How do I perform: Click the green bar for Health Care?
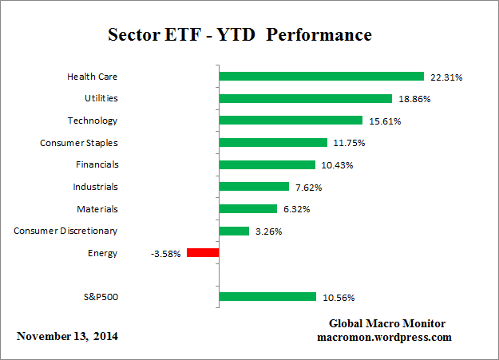[321, 77]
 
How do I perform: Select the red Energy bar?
[203, 253]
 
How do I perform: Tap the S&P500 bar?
[267, 297]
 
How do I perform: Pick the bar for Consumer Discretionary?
[234, 231]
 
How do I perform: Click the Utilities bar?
[305, 99]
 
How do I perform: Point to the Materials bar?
[248, 209]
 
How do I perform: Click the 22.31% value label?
[446, 77]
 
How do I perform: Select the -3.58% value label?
[165, 254]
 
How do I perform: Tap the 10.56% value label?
[339, 298]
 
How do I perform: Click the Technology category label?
[93, 121]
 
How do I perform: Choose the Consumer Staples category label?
[79, 143]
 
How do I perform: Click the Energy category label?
[104, 253]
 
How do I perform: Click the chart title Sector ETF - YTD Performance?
[240, 36]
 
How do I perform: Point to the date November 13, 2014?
[67, 336]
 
